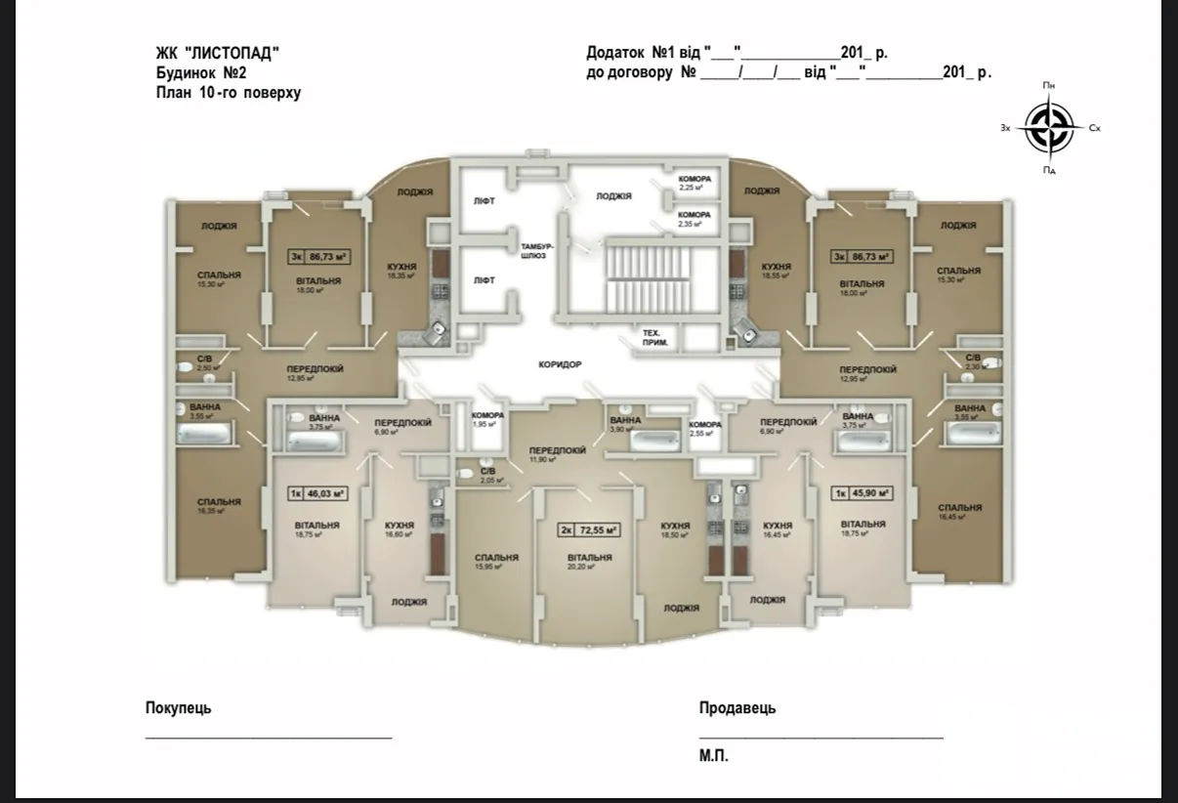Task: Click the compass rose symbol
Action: (x=1048, y=128)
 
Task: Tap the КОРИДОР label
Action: (x=559, y=364)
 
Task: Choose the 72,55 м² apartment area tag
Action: (x=590, y=530)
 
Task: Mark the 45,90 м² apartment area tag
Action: (x=862, y=493)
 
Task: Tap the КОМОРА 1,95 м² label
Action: (x=487, y=420)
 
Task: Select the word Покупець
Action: (x=178, y=708)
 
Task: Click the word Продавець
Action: (x=737, y=708)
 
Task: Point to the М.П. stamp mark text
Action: (x=714, y=755)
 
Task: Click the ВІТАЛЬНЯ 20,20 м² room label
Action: (x=589, y=561)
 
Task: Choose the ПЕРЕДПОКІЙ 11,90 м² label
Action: (x=558, y=453)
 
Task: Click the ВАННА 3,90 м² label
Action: (x=626, y=424)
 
